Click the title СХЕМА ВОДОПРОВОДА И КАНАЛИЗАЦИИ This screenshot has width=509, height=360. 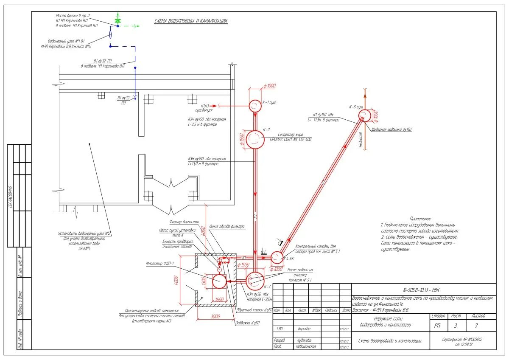pos(190,21)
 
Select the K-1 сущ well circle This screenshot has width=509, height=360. pos(255,105)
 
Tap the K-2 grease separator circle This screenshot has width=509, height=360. pos(255,139)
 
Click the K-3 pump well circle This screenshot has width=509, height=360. pos(255,281)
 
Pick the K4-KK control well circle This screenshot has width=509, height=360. pos(277,257)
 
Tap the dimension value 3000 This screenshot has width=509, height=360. pos(215,316)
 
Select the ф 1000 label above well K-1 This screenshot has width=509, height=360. pos(269,86)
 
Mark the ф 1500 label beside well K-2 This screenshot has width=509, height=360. pos(242,139)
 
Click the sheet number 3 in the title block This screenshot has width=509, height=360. pos(455,326)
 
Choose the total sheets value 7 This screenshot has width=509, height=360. pos(476,326)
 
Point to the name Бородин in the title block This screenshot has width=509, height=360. pos(304,329)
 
